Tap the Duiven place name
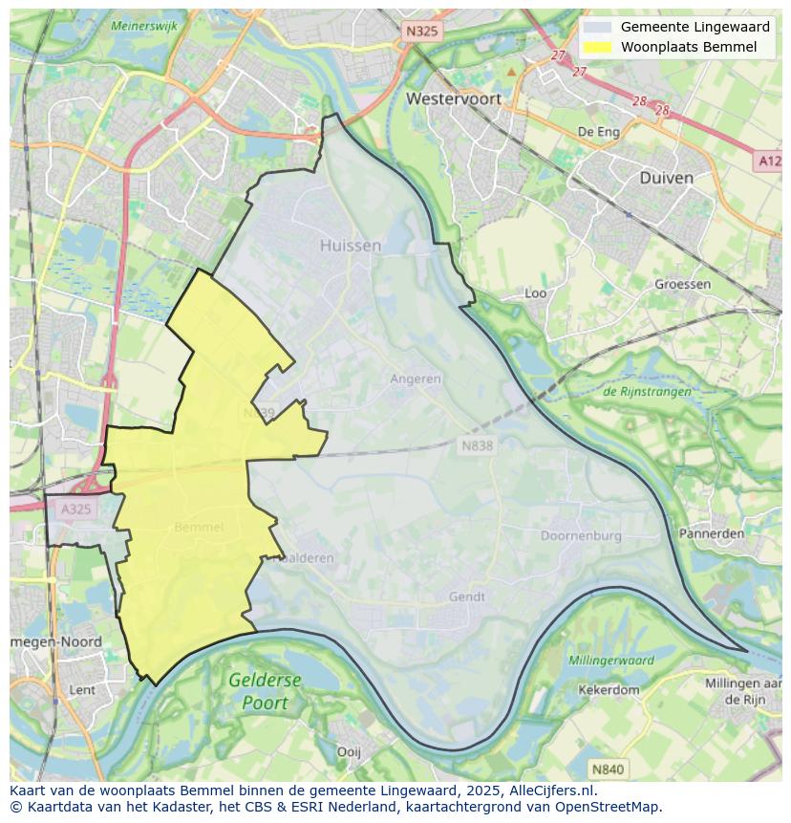[x=666, y=178]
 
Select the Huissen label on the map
[x=351, y=246]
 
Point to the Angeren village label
[x=416, y=379]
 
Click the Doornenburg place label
[x=581, y=536]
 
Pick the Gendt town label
[x=467, y=596]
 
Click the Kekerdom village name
[x=609, y=689]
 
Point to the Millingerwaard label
[x=611, y=661]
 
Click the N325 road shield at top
[x=422, y=32]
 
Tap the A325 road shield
[x=75, y=509]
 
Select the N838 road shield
[x=478, y=445]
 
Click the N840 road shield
[x=607, y=769]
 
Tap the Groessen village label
[x=682, y=284]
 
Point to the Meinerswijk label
[x=144, y=26]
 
